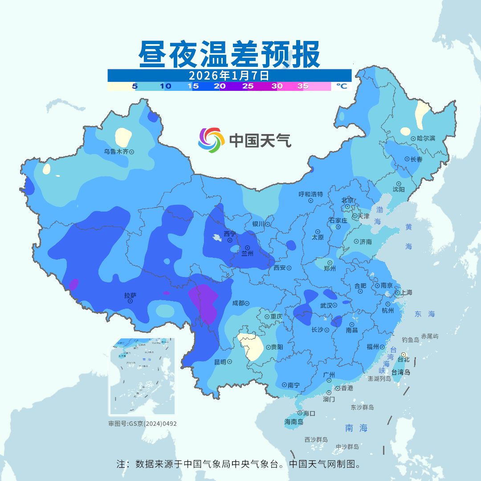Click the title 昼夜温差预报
click(229, 54)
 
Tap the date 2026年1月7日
click(229, 75)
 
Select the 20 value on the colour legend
click(219, 86)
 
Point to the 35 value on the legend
click(303, 86)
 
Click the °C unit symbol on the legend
click(341, 86)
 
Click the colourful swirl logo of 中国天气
click(211, 140)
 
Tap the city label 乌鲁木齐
click(116, 151)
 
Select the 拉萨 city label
click(130, 295)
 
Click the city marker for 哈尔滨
click(413, 139)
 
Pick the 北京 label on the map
click(347, 200)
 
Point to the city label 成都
click(238, 303)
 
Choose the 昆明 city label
click(220, 362)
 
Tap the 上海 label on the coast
click(406, 293)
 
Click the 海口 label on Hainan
click(309, 413)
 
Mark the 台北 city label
click(403, 359)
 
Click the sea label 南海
click(356, 428)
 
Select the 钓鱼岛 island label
click(410, 340)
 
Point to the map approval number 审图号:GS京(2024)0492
click(143, 424)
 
